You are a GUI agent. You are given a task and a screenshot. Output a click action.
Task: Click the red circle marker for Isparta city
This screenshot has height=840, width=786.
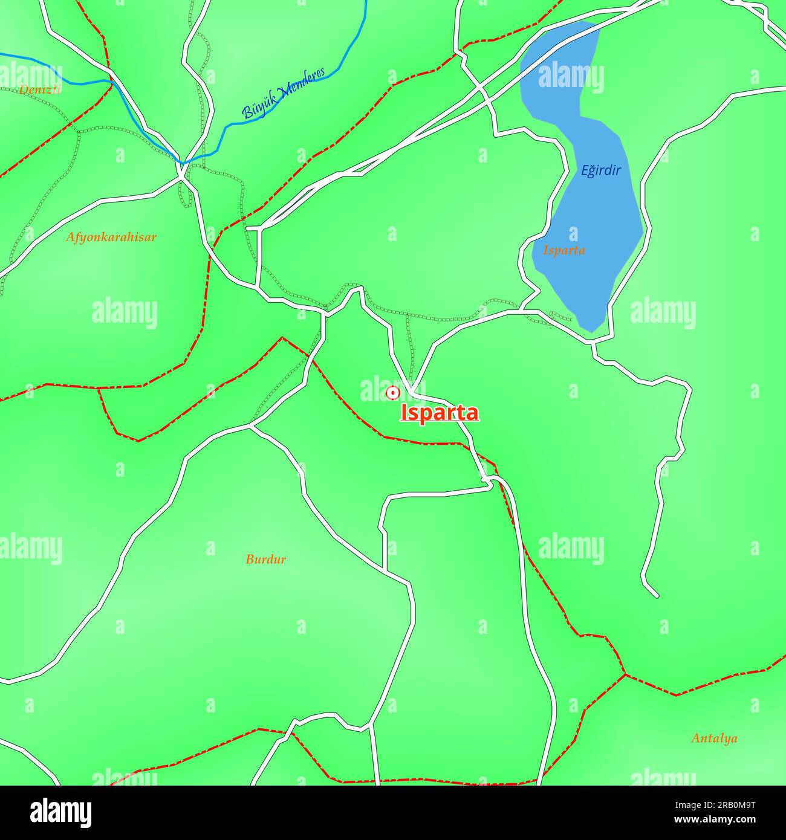pos(393,393)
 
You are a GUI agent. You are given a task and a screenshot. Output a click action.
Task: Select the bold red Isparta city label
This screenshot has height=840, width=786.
pos(440,413)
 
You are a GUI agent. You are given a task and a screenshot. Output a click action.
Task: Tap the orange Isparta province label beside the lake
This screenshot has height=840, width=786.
pos(564,250)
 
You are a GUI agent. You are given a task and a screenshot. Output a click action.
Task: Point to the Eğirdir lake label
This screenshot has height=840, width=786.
pos(601,170)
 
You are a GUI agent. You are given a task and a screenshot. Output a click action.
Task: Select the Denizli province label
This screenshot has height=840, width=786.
pos(40,90)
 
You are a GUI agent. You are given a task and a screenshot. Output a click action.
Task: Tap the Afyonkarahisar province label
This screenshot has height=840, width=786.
pos(111,237)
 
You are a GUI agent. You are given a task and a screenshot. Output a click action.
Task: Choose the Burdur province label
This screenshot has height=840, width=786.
pos(265,559)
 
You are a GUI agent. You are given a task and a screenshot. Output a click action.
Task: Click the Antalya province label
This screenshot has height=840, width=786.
pos(714,738)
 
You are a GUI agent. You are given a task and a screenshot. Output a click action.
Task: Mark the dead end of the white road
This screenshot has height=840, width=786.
pos(657,596)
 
